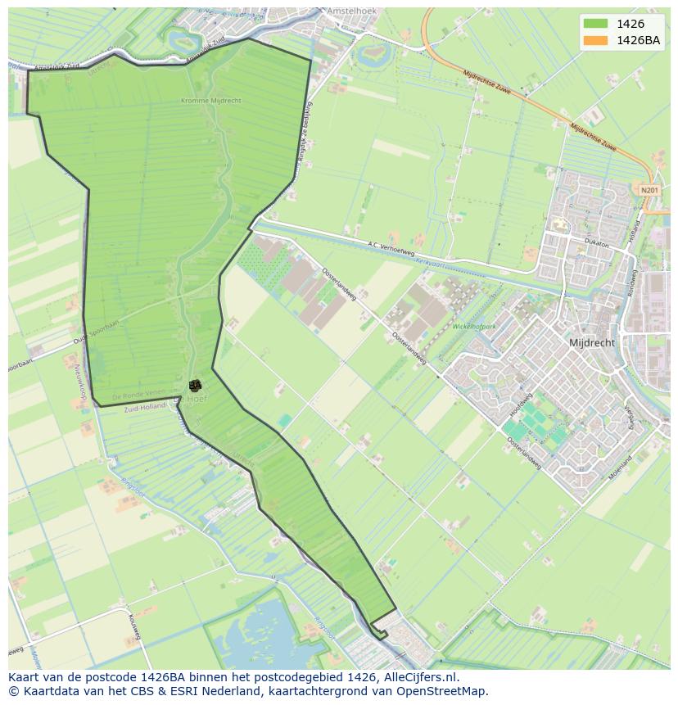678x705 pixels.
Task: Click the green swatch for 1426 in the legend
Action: pos(596,25)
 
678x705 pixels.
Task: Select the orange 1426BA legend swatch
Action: pos(596,40)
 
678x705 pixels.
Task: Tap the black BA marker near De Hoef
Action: pos(195,385)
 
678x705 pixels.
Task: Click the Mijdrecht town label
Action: pos(591,343)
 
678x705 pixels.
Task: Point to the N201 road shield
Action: pos(649,190)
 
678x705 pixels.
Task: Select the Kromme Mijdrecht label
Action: pos(210,101)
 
